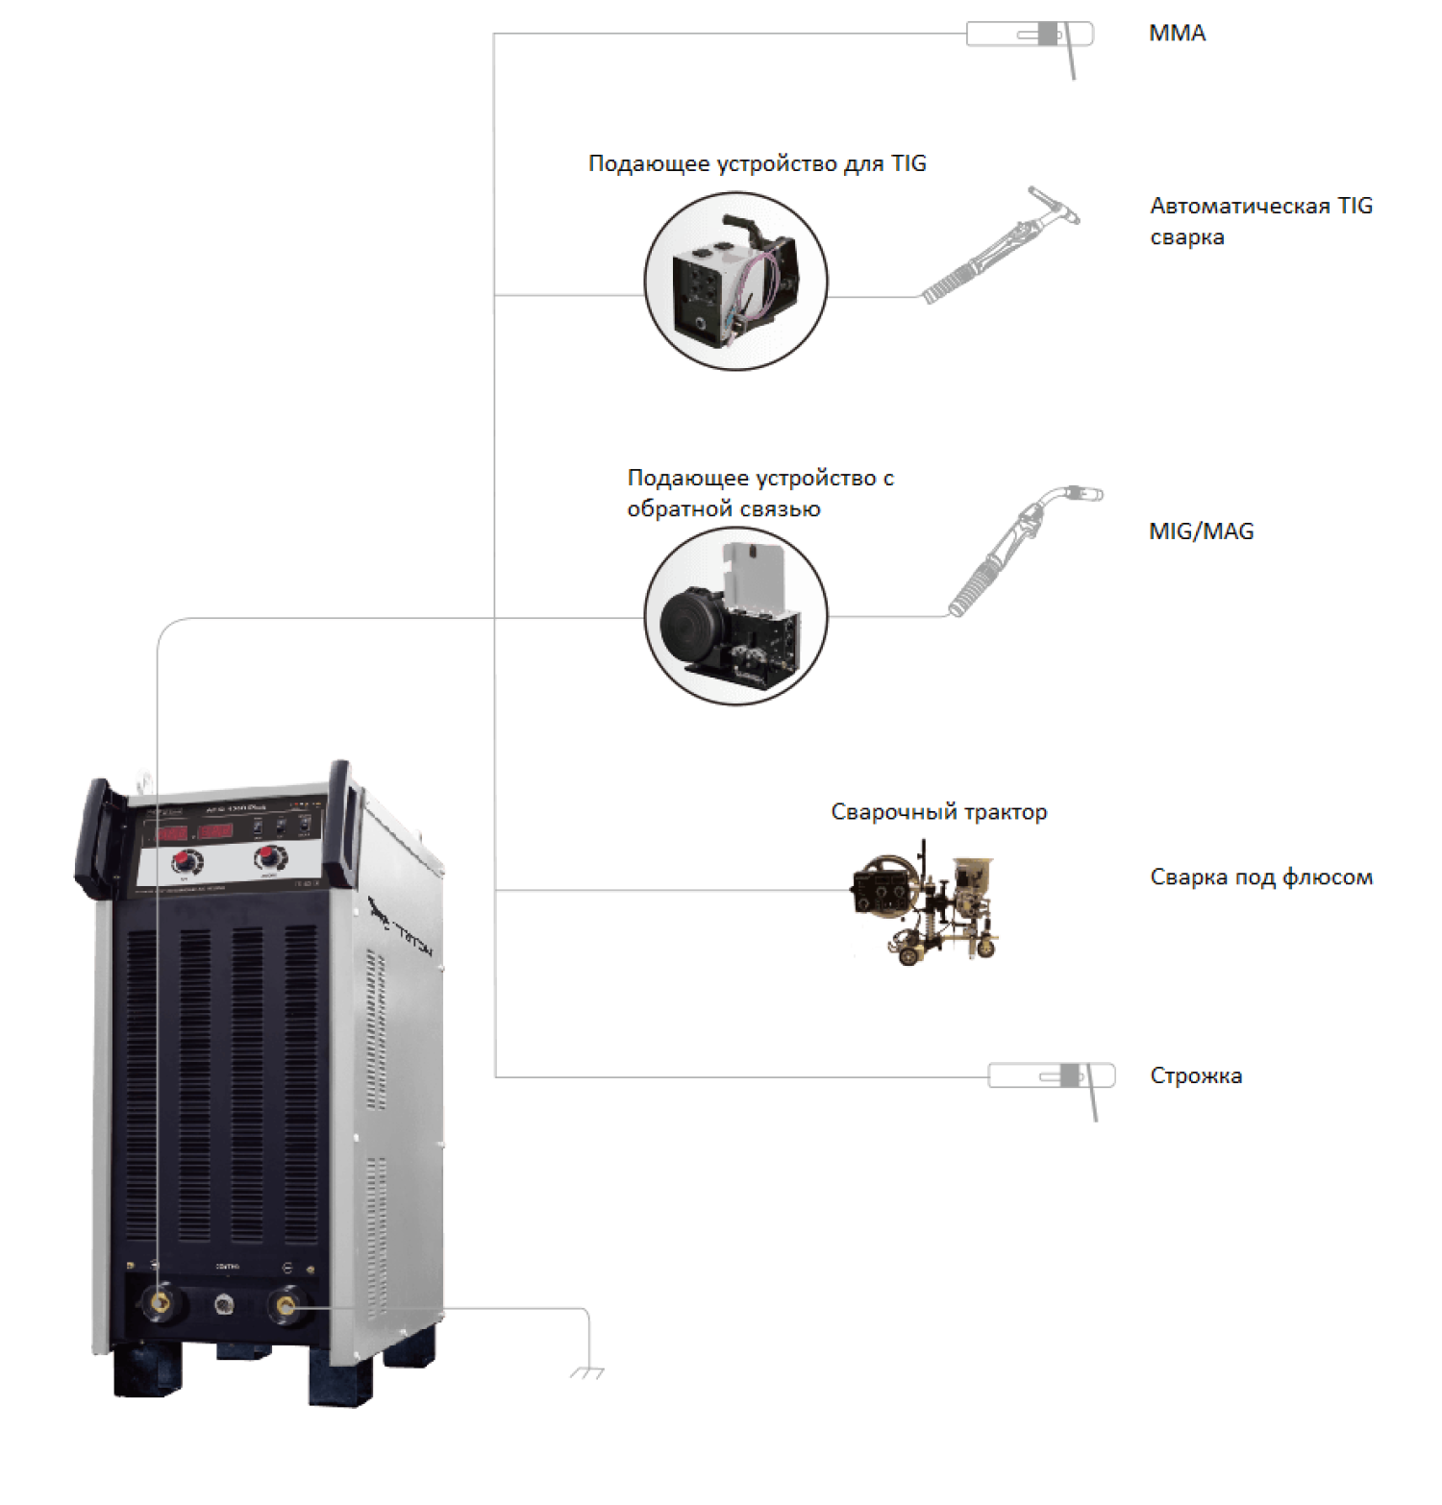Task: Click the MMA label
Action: click(1177, 34)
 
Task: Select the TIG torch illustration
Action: click(1000, 245)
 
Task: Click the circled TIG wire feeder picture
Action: click(735, 281)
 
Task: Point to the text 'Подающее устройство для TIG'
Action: click(757, 163)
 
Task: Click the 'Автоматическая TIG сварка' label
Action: click(1260, 221)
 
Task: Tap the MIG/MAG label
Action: click(1201, 531)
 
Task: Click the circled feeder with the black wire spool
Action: click(735, 616)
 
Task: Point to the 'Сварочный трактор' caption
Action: click(938, 812)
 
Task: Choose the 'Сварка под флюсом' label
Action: click(1260, 877)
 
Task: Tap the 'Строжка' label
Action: click(1195, 1076)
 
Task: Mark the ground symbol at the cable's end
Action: click(586, 1373)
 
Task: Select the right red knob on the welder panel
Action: click(270, 856)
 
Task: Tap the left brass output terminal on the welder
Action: click(160, 1303)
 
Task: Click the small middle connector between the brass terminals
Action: click(223, 1304)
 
